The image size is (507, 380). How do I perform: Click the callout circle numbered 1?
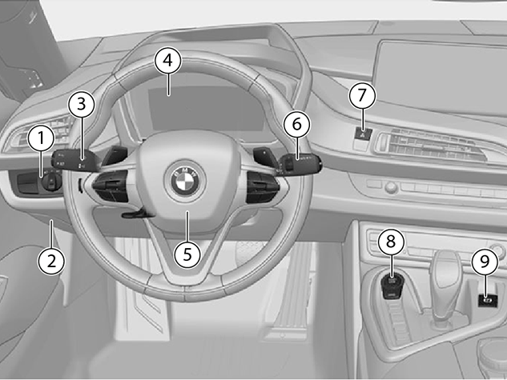41,138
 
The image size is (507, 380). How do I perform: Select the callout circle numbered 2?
51,261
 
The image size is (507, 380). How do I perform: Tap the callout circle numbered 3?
82,105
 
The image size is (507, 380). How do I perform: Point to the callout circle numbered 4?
168,60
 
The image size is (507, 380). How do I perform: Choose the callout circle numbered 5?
187,254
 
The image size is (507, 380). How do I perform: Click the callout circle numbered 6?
296,124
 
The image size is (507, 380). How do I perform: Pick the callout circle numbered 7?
362,95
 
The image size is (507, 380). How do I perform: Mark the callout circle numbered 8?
391,241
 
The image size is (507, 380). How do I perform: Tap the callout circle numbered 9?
485,262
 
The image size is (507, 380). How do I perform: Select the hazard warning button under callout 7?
364,133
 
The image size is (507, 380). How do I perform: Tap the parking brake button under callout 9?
488,300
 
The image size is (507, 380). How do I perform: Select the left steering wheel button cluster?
111,186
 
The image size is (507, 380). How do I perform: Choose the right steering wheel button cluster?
262,186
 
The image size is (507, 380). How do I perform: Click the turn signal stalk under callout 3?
75,161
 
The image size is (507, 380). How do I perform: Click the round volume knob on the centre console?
391,187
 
